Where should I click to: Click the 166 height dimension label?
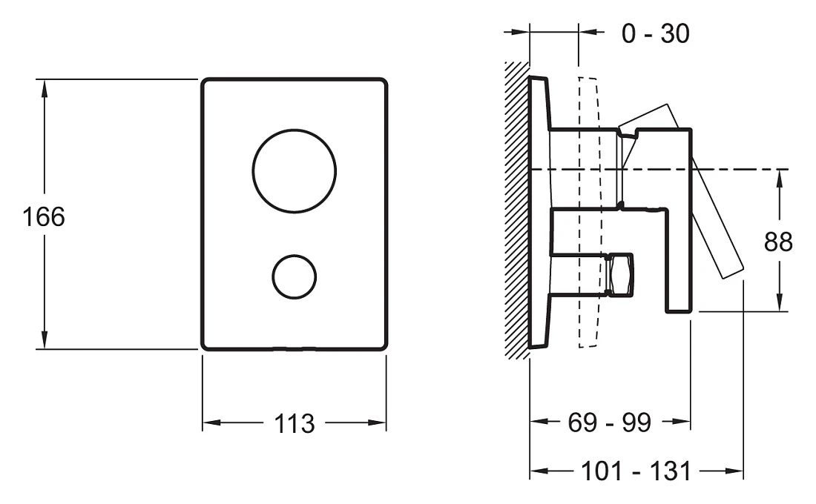tap(44, 216)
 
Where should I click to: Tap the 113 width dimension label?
tap(294, 423)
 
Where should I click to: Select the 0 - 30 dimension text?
tap(656, 33)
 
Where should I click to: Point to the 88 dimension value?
tap(778, 242)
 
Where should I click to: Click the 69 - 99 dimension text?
tap(609, 422)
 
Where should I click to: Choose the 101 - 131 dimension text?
tap(636, 471)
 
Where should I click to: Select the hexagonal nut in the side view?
tap(621, 275)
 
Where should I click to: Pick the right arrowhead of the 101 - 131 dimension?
tap(733, 471)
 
